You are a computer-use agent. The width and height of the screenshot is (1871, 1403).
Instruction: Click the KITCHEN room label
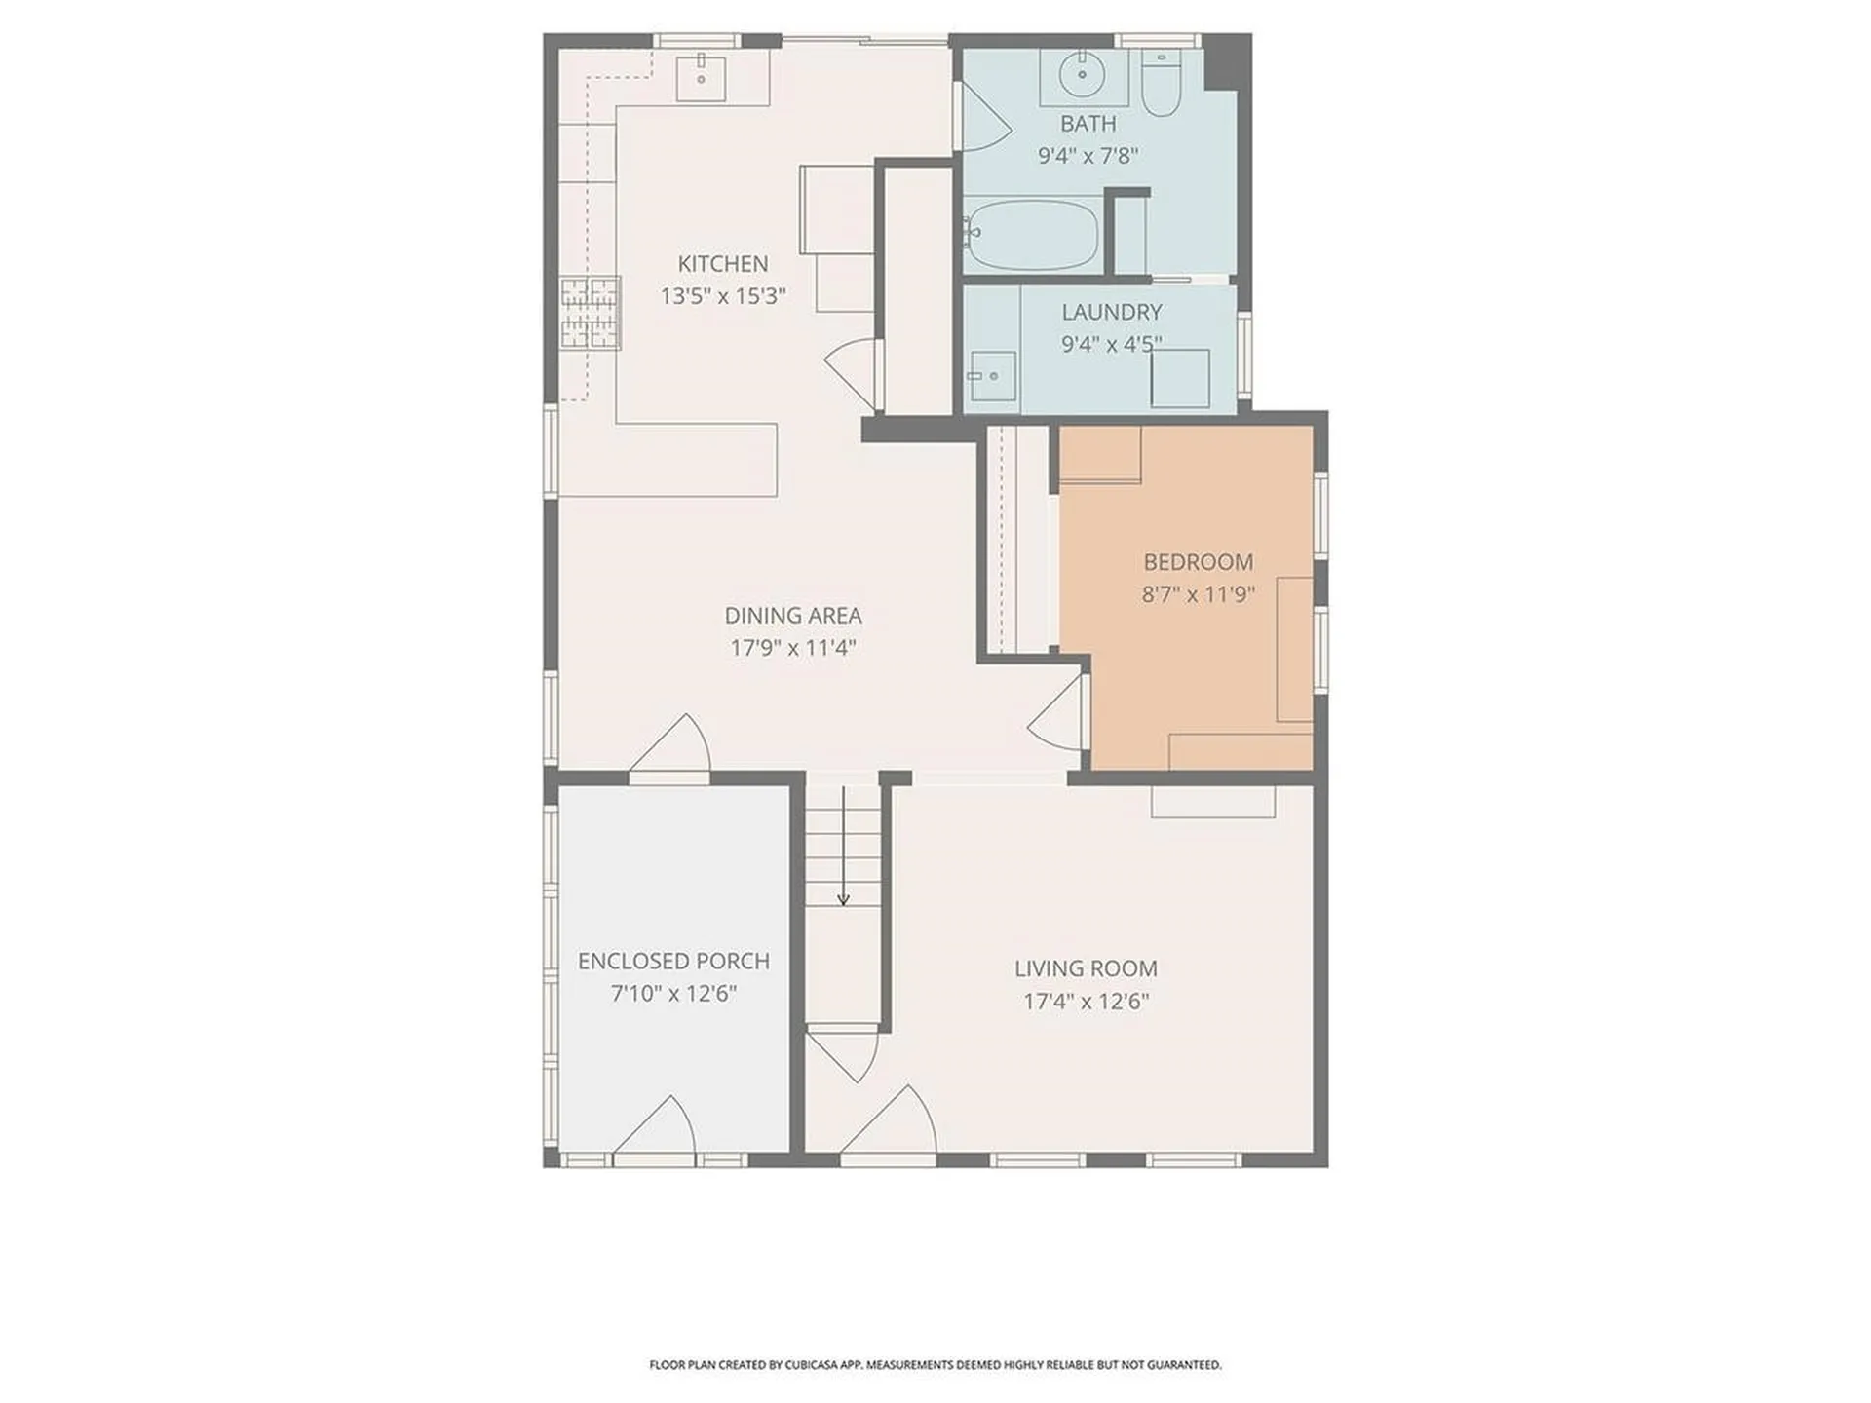coord(722,263)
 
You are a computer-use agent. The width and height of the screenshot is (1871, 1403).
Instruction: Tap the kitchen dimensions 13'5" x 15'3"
coord(722,296)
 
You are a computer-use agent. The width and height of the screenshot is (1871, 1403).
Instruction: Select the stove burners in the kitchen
coord(590,313)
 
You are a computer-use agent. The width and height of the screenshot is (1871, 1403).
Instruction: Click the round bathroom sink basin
coord(1081,73)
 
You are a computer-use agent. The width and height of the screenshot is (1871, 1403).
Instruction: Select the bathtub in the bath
coord(1032,235)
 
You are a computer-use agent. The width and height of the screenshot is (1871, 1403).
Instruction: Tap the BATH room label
coord(1088,124)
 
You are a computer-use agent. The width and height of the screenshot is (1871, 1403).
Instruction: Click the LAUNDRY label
coord(1111,312)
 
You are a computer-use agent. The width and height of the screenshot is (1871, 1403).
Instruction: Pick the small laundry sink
coord(991,376)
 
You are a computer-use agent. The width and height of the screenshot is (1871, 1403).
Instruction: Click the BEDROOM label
coord(1198,562)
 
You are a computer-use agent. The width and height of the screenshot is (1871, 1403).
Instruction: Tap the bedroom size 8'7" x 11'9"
coord(1198,594)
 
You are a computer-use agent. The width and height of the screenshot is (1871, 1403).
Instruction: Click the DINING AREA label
coord(792,616)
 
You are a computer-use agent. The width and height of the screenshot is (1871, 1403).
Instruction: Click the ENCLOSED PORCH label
coord(673,962)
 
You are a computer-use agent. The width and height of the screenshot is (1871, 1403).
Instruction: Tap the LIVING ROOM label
coord(1086,968)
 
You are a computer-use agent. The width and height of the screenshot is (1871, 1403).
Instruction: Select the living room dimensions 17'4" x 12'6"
coord(1086,1002)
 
